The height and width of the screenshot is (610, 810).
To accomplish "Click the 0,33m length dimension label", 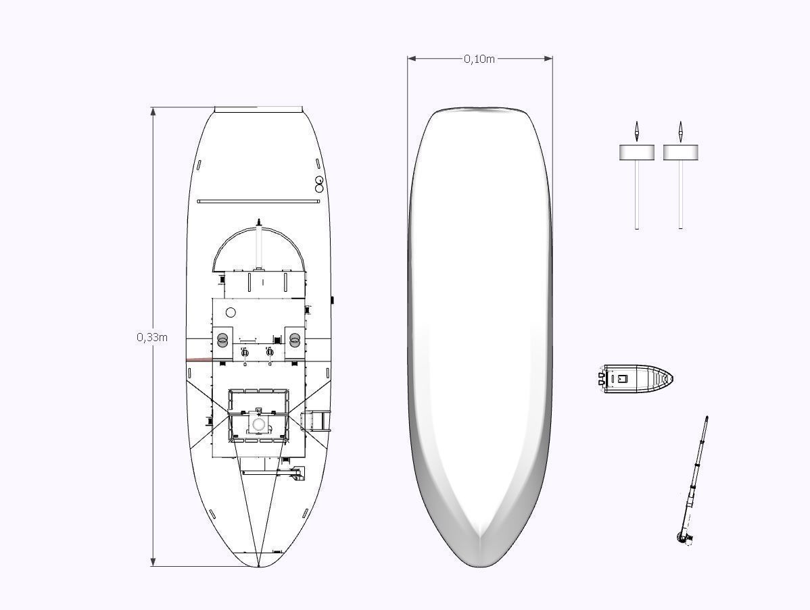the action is pos(152,337).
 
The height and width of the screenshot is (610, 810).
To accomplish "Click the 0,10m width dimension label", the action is pos(479,59).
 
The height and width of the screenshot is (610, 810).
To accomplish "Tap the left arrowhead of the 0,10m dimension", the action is pos(412,59).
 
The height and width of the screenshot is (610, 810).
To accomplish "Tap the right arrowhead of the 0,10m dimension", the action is pos(548,59).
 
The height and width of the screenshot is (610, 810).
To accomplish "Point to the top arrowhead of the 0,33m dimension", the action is pos(153,111).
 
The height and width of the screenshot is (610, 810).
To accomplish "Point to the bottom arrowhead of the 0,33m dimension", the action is pos(153,561).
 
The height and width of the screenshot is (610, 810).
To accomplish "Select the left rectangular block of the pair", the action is pos(637,152).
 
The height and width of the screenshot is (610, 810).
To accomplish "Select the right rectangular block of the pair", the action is pos(681,152).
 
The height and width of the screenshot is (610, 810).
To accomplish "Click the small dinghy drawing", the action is pos(635,379).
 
